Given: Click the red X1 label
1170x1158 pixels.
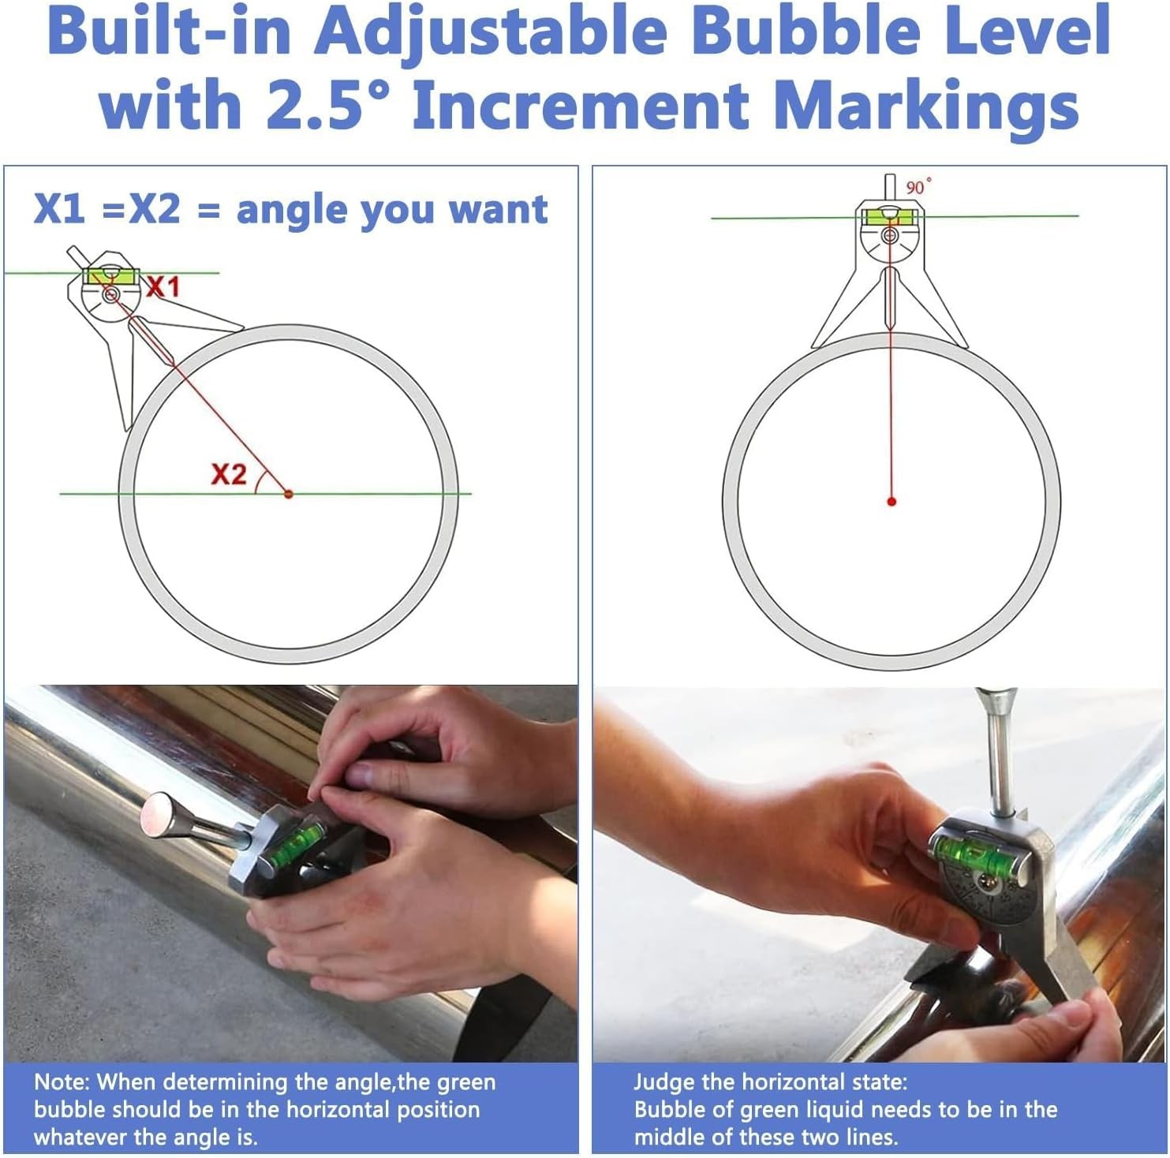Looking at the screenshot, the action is point(163,286).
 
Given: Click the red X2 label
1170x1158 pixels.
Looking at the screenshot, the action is point(229,474).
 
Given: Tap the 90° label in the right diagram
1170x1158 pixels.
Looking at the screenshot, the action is point(918,186).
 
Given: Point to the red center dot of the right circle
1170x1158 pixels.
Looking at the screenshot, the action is point(892,501).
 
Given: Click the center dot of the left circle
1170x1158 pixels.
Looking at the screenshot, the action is point(288,493).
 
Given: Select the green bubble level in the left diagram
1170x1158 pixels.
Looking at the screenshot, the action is point(111,275).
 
